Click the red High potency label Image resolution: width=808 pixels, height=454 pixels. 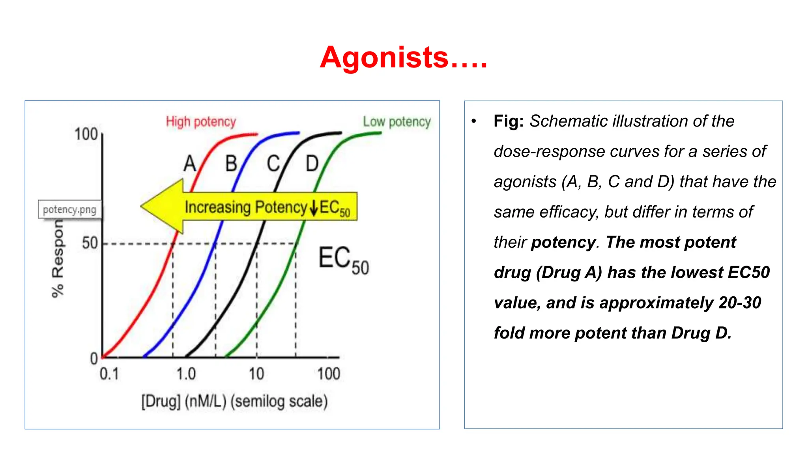[200, 122]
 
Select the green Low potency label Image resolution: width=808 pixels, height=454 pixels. [397, 122]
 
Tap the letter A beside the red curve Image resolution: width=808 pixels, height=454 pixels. [190, 163]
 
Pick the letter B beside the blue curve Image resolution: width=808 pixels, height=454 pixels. [231, 163]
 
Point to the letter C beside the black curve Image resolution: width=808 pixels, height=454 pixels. [273, 163]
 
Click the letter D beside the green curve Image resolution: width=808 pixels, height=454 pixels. [312, 163]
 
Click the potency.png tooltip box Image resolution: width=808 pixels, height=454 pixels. [69, 209]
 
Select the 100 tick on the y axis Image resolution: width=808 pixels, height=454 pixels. [86, 134]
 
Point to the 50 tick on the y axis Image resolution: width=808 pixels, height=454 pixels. [90, 243]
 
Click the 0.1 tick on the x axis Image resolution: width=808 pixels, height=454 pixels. [109, 374]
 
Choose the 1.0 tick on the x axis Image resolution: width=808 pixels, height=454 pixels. [186, 374]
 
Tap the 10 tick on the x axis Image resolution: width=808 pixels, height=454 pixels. [256, 374]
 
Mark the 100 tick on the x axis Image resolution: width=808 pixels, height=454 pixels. [329, 374]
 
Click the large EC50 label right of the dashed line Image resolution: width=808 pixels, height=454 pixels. [343, 260]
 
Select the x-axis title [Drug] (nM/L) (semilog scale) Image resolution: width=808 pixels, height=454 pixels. [234, 402]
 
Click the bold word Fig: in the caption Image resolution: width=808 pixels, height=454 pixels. [508, 121]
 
